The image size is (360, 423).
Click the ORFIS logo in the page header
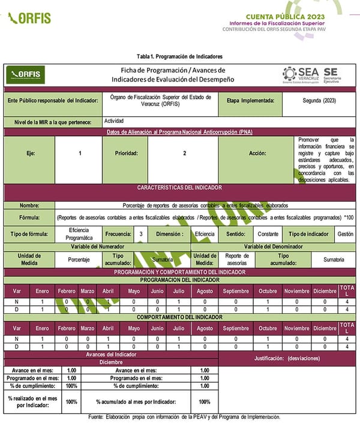coord(29,18)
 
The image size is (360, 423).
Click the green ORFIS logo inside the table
coord(25,74)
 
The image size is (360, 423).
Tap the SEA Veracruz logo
coord(300,74)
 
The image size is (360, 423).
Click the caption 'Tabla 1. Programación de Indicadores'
coord(179,56)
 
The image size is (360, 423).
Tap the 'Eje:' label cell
coord(30,154)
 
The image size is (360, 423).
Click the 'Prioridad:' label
coord(126,154)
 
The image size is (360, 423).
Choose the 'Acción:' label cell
coord(258,154)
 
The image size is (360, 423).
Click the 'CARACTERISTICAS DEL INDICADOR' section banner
coord(179,188)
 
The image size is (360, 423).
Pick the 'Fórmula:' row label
coord(29,217)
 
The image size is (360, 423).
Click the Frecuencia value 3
coord(140,233)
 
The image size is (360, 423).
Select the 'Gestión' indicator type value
coord(345,233)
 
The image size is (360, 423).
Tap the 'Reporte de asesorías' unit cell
coord(237,259)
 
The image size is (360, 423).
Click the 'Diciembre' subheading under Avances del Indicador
coord(111,362)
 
